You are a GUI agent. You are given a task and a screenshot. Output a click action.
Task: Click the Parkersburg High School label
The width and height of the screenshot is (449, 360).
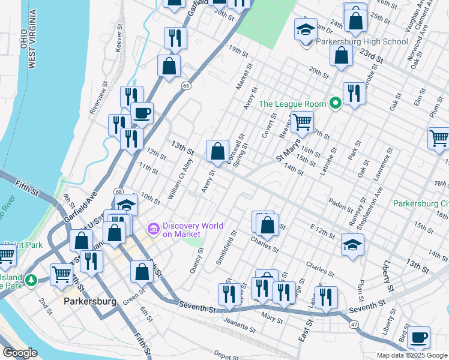click(357, 42)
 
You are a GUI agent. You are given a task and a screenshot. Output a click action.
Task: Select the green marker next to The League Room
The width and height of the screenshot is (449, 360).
click(336, 104)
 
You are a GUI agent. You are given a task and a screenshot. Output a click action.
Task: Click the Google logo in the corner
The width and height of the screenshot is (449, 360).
click(20, 353)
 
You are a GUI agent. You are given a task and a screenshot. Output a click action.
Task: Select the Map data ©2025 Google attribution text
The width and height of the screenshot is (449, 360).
click(412, 355)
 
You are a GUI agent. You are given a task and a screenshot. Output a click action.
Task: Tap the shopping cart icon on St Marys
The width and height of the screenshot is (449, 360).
click(302, 122)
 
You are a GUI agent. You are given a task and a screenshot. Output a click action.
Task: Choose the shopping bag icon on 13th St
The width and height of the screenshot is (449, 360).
click(217, 151)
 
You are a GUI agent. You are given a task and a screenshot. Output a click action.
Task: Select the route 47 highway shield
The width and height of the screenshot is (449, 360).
click(355, 324)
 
